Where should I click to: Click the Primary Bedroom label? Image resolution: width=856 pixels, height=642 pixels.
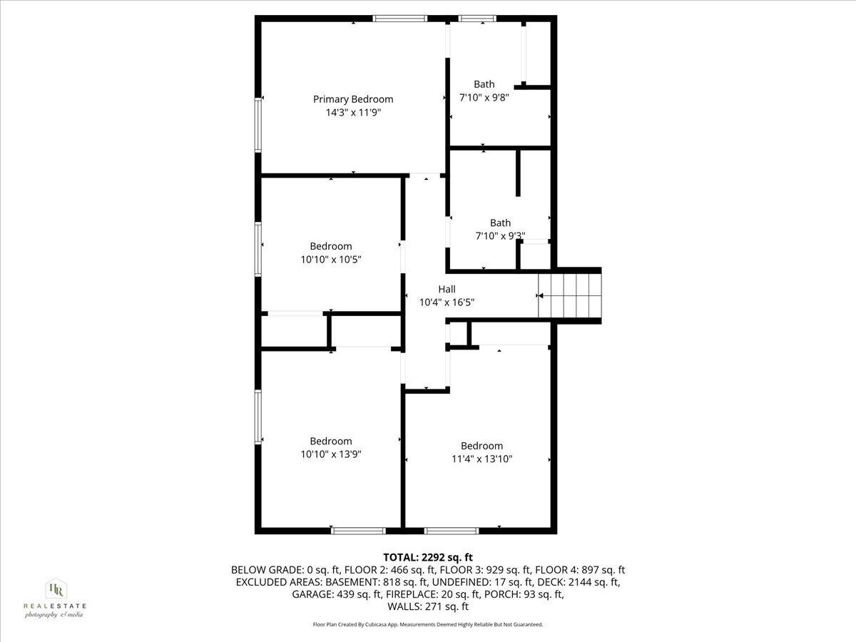[353, 99]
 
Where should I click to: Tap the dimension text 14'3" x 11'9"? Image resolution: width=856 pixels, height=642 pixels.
[353, 113]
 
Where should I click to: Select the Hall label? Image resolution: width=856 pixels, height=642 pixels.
[447, 289]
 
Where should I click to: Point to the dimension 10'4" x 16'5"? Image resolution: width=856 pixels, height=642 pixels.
[447, 302]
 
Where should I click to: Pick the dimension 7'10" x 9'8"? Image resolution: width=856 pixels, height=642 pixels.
[484, 98]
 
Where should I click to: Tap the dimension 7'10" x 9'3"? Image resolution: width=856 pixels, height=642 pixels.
[500, 236]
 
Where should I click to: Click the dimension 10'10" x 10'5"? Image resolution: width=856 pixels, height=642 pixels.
[330, 260]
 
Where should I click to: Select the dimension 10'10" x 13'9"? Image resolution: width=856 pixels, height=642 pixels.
[330, 454]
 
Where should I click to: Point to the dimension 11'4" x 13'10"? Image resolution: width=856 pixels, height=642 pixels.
[481, 459]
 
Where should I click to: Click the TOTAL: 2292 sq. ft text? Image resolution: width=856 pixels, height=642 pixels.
[428, 557]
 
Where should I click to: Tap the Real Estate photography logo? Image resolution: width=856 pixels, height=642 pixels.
[55, 598]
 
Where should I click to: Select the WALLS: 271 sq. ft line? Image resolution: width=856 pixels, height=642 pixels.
[428, 606]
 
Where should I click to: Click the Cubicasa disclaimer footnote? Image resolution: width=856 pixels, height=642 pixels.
[428, 624]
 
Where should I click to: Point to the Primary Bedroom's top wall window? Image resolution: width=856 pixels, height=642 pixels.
[400, 19]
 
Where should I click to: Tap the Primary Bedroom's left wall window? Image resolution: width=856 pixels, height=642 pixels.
[258, 125]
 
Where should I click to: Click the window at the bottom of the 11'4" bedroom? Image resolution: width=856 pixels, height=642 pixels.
[451, 531]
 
